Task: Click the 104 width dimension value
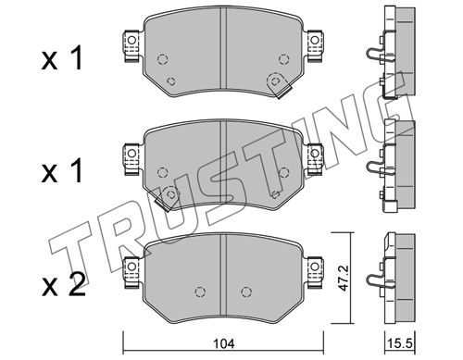(x=224, y=343)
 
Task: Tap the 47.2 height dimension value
(x=343, y=278)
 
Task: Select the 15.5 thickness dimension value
(x=400, y=343)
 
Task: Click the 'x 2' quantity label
(x=63, y=285)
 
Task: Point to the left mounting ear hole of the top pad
(x=131, y=40)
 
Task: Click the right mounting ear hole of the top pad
(x=314, y=40)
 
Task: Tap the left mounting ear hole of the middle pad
(x=131, y=153)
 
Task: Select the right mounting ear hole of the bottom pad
(x=314, y=266)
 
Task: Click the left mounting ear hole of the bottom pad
(x=131, y=266)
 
